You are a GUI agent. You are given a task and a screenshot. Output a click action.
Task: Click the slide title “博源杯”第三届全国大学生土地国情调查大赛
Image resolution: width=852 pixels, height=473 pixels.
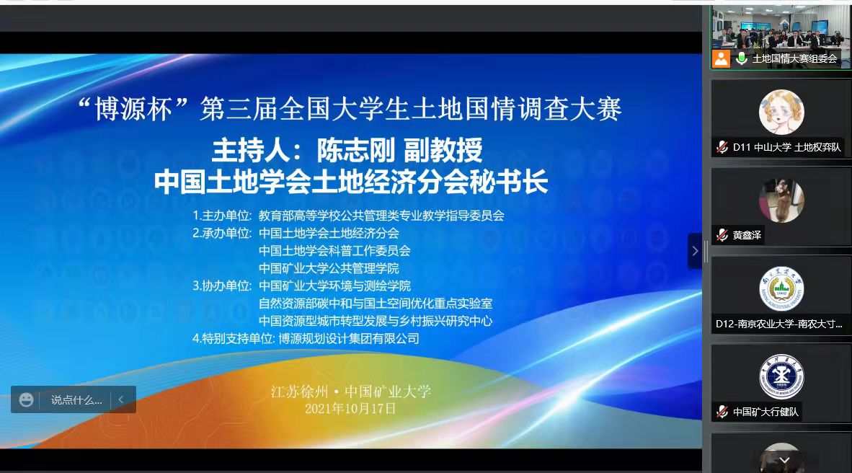click(350, 109)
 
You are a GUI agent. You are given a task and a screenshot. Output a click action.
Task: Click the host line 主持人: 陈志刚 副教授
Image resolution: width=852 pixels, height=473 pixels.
click(347, 151)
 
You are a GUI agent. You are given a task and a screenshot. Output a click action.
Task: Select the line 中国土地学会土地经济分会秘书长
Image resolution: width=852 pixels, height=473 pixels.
click(350, 182)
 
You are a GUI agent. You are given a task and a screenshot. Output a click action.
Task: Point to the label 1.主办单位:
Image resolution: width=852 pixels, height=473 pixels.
click(222, 216)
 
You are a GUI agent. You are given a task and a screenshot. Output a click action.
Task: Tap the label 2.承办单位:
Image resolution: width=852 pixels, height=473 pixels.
click(222, 233)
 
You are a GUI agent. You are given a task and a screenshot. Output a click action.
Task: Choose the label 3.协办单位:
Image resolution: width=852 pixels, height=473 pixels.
click(222, 286)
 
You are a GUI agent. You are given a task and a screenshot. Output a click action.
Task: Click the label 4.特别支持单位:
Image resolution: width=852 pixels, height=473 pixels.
click(234, 339)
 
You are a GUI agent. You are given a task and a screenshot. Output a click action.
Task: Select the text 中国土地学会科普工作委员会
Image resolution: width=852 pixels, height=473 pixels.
click(334, 251)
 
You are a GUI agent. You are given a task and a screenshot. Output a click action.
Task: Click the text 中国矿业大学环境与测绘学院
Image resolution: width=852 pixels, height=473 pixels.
click(334, 286)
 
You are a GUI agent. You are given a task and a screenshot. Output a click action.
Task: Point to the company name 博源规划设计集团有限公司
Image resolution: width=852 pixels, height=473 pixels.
click(349, 339)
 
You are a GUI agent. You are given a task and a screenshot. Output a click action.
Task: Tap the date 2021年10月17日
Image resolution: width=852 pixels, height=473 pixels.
click(350, 409)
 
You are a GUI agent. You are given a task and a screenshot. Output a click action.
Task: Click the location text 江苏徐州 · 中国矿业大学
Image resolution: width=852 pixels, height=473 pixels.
click(350, 392)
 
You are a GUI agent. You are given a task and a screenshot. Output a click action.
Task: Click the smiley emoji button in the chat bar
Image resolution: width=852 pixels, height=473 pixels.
click(26, 400)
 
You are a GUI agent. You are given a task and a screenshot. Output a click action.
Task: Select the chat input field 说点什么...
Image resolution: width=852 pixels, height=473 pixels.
click(76, 400)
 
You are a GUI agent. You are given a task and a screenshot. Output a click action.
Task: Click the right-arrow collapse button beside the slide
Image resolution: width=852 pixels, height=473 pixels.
click(695, 251)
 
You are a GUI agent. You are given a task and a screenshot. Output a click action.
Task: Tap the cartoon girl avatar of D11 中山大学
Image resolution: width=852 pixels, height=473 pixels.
click(781, 112)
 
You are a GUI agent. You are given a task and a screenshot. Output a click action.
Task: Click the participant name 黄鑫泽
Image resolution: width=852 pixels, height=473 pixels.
click(747, 235)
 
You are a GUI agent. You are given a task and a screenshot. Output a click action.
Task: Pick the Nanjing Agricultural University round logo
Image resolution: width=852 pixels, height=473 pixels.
click(781, 288)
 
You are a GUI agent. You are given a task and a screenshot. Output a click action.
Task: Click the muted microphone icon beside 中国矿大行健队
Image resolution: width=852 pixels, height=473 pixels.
click(722, 412)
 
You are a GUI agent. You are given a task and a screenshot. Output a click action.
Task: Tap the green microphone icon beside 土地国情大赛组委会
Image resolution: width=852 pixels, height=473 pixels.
click(741, 58)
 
